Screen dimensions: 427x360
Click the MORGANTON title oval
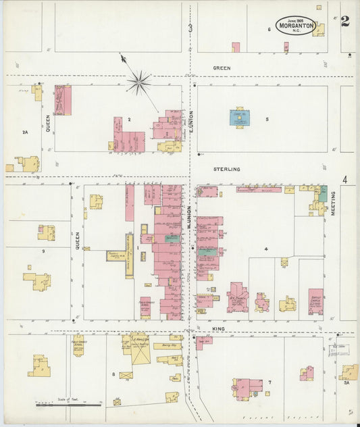(x=295, y=26)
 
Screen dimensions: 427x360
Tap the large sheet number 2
(x=345, y=21)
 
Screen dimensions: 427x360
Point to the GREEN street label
(x=222, y=68)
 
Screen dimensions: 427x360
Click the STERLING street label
(x=226, y=169)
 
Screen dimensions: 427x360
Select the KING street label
(x=217, y=329)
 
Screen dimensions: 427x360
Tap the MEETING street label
(x=333, y=203)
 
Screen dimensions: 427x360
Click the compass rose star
(x=138, y=82)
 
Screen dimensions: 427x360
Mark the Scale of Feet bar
(x=68, y=405)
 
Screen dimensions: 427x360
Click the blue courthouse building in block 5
(x=239, y=118)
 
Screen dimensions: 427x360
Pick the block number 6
(x=269, y=30)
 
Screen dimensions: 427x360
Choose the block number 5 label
(x=267, y=120)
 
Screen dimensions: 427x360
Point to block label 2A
(x=25, y=132)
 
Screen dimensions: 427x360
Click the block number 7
(x=269, y=383)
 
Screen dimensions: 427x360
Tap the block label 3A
(x=346, y=383)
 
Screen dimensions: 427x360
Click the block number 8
(x=113, y=373)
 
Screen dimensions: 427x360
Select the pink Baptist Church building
(x=315, y=301)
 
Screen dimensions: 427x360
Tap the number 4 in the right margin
(x=344, y=180)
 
